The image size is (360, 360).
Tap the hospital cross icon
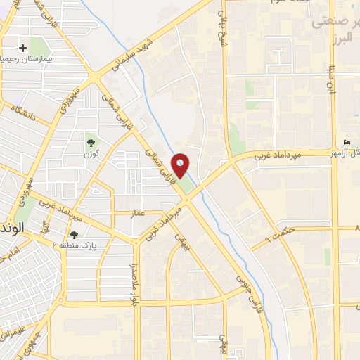(x=23, y=49)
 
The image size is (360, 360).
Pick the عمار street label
(x=139, y=212)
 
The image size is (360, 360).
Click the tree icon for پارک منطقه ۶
(x=74, y=234)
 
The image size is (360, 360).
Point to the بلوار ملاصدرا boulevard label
(x=131, y=285)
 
